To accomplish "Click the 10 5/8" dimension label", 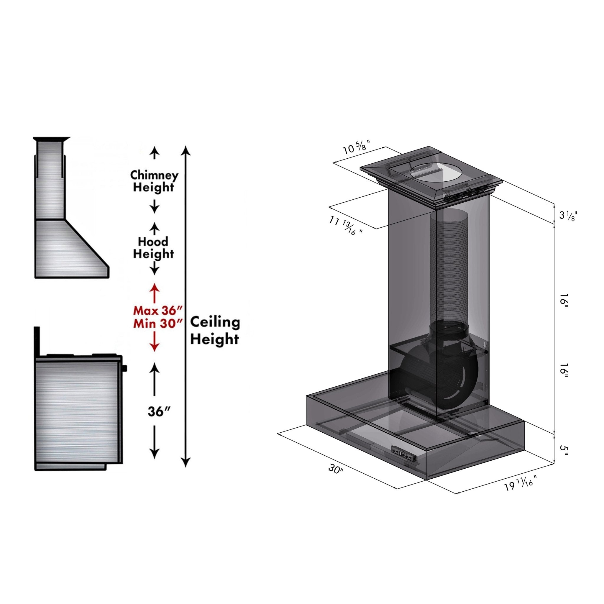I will [x=357, y=147].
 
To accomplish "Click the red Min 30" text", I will [x=157, y=324].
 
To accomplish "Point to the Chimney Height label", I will [x=154, y=181].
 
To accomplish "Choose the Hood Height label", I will [x=153, y=248].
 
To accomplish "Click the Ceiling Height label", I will [x=215, y=330].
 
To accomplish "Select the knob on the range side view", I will [x=125, y=369].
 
